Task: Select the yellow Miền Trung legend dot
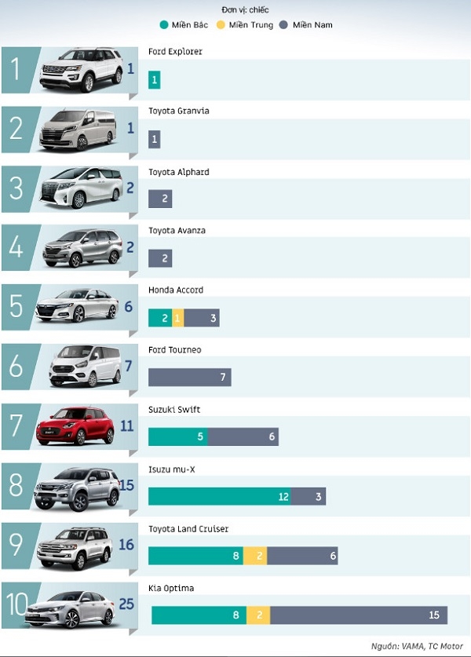tap(220, 25)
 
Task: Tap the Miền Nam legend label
tap(312, 25)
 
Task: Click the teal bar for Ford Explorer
tap(155, 80)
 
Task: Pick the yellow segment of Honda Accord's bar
tap(178, 318)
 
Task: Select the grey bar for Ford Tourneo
tap(190, 378)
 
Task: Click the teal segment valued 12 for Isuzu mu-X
tap(219, 496)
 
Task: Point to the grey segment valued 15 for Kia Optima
tap(359, 615)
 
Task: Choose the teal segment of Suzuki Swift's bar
tap(178, 436)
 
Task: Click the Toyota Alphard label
tap(178, 172)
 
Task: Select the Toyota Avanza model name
tap(177, 231)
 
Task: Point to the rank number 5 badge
tap(16, 306)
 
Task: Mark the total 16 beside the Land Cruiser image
tap(126, 545)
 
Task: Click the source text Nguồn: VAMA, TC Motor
tap(417, 646)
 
